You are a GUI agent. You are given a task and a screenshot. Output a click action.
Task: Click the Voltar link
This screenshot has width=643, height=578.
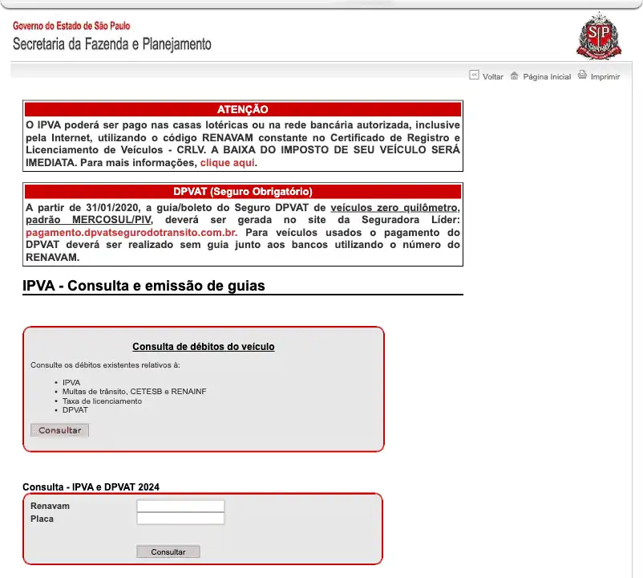(492, 77)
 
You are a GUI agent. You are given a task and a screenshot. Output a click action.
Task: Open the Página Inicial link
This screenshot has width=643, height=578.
(546, 77)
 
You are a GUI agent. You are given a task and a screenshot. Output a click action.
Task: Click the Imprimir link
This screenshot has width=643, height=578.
(605, 77)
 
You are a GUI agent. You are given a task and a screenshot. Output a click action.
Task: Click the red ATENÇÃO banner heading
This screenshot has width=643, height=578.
(242, 109)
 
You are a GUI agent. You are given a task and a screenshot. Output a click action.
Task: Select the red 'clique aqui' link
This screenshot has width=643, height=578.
(227, 162)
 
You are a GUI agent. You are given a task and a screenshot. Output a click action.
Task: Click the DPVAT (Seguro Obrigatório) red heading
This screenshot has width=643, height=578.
(242, 192)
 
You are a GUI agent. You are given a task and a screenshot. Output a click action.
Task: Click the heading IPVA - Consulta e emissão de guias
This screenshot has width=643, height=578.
(144, 286)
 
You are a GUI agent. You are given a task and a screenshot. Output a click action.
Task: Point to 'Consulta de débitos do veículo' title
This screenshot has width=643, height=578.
(203, 347)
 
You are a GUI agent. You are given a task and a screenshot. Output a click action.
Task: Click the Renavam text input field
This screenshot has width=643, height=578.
(180, 506)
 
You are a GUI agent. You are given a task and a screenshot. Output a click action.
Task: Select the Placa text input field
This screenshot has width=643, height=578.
(180, 519)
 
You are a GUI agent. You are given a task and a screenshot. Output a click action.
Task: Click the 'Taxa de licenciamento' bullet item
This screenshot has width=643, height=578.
(102, 401)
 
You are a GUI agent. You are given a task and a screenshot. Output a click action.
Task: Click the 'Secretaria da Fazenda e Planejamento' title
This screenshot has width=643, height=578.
(112, 44)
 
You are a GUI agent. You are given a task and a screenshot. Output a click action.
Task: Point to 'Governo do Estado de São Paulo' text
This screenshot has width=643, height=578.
(71, 26)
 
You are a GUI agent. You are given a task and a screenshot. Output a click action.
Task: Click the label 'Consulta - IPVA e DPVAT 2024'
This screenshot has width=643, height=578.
(91, 487)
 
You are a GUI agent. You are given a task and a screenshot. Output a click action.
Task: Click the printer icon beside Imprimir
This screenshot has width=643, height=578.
(583, 75)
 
